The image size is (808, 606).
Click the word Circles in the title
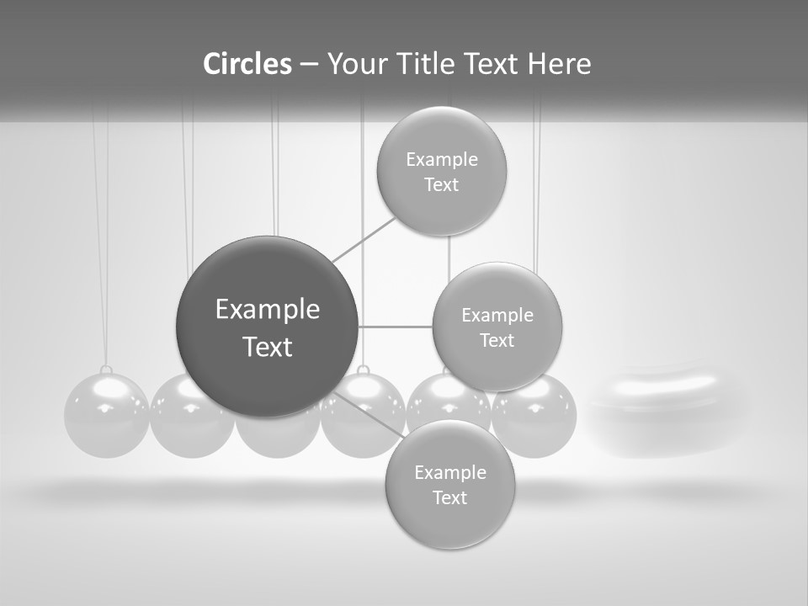point(247,64)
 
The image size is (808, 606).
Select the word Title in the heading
point(423,64)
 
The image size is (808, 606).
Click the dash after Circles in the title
point(309,65)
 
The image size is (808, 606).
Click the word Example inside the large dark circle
point(268,310)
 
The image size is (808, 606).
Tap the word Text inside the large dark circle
point(268,347)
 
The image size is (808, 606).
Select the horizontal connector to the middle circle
point(396,326)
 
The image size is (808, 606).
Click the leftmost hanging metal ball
point(106,416)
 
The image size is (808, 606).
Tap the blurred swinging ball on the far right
point(665,408)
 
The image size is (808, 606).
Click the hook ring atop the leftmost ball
point(106,369)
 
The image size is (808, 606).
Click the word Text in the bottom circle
point(449,497)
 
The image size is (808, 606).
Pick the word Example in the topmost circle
point(442,160)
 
